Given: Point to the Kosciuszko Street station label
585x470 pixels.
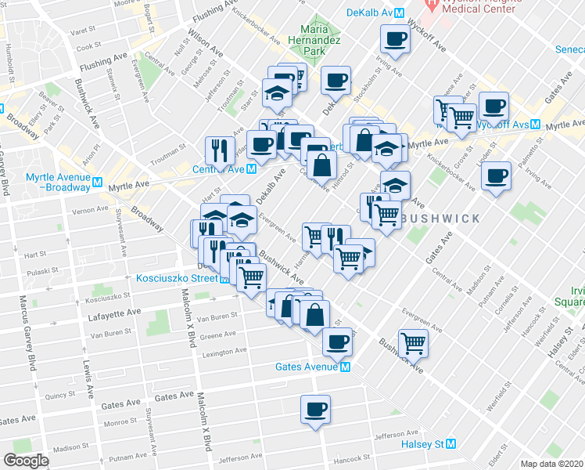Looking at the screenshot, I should click(x=176, y=278).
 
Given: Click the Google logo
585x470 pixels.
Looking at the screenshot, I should click(x=26, y=461).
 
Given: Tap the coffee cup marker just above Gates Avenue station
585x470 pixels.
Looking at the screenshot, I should click(x=337, y=342).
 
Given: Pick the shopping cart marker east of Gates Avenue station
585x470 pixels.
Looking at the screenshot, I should click(x=413, y=342).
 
